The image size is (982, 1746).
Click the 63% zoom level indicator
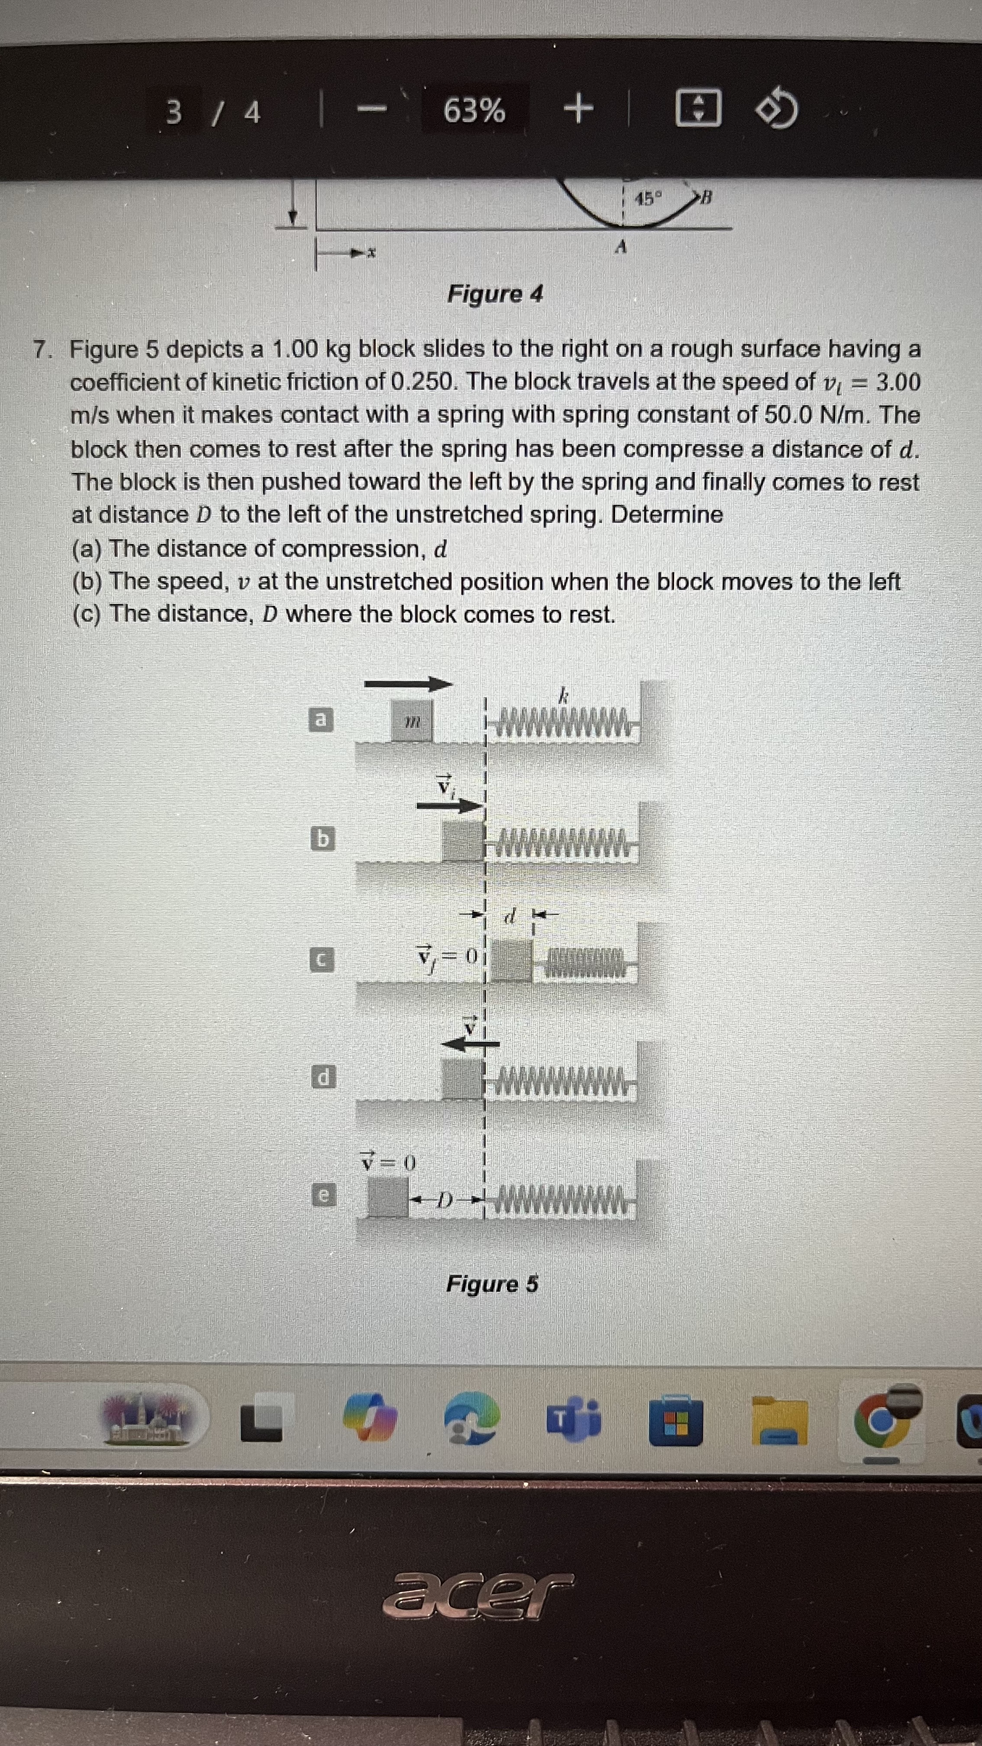tap(474, 110)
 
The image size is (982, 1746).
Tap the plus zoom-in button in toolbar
tap(578, 110)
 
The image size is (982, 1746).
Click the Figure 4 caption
tap(495, 294)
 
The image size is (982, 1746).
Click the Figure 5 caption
tap(492, 1284)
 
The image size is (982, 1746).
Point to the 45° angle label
tap(648, 199)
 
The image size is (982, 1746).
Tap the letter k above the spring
tap(562, 695)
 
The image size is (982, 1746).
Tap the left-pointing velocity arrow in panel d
tap(470, 1044)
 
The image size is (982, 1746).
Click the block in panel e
tap(388, 1196)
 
